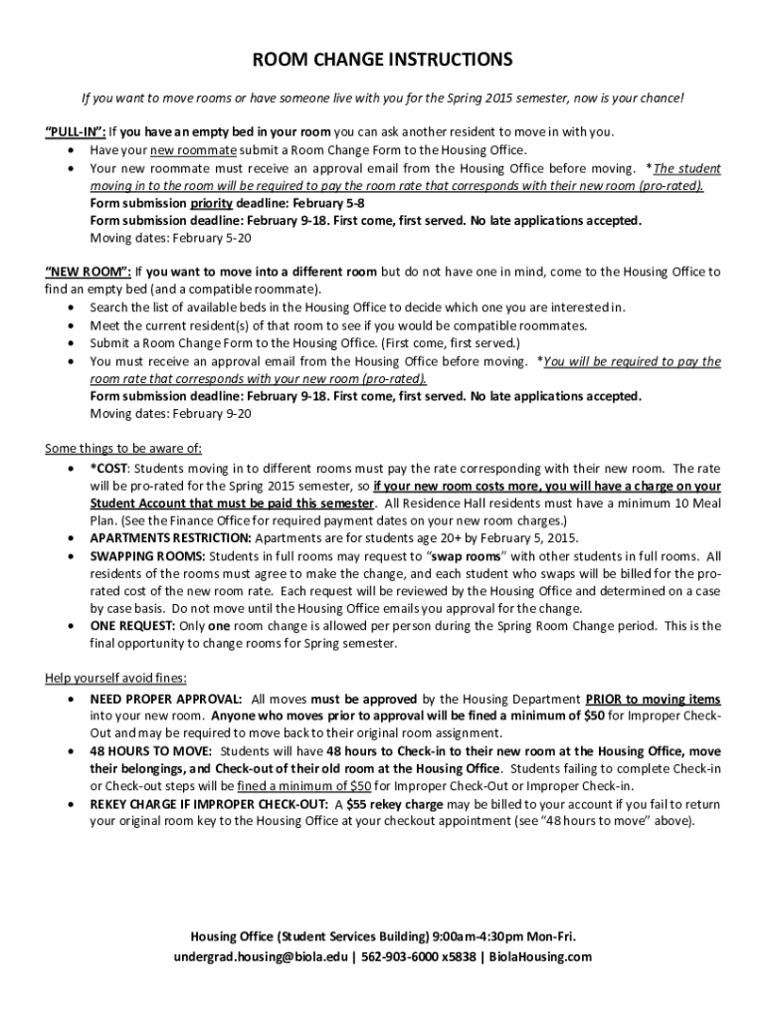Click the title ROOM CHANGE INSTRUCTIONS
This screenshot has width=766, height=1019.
click(383, 60)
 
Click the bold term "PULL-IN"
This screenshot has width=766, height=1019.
click(76, 131)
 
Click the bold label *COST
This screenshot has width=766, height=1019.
click(109, 468)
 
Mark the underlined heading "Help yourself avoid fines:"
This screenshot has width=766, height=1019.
click(115, 678)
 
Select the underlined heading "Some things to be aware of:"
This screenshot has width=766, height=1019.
click(123, 447)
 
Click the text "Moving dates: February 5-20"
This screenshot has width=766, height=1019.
click(170, 239)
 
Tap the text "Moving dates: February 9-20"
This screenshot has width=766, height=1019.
click(170, 414)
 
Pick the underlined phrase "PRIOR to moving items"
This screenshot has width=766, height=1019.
click(653, 700)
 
